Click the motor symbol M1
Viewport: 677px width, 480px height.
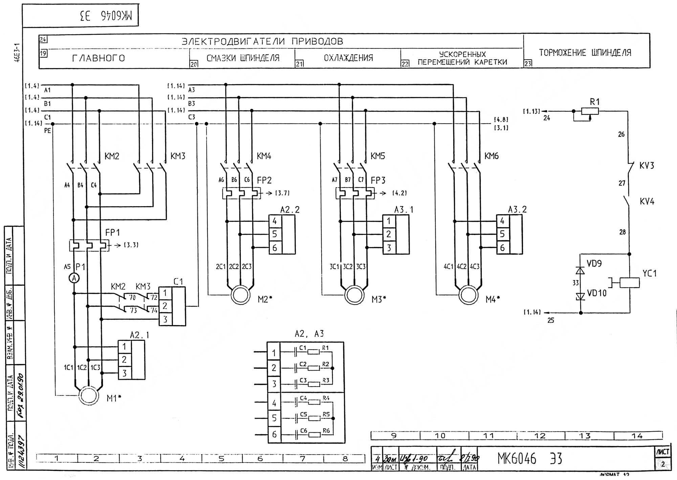click(89, 395)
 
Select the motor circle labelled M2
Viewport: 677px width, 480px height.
click(241, 295)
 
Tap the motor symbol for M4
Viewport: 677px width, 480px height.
click(468, 295)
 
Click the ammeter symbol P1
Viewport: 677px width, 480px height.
click(74, 278)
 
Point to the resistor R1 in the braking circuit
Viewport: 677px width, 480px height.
click(590, 111)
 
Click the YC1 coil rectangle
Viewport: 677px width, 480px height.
click(630, 283)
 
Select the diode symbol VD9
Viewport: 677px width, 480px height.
click(581, 270)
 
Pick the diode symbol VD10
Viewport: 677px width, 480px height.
click(581, 297)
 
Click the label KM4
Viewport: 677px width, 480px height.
click(264, 156)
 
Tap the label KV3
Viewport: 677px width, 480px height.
click(647, 166)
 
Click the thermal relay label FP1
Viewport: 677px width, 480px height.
click(112, 233)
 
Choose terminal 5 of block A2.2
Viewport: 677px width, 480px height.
click(275, 234)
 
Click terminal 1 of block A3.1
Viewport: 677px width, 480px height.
click(389, 221)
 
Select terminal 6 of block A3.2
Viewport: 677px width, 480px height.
click(502, 248)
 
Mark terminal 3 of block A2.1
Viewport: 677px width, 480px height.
click(124, 373)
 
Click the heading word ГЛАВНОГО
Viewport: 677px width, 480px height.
click(99, 58)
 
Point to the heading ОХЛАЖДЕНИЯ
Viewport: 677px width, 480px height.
click(348, 58)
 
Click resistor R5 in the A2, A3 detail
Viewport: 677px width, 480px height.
click(315, 418)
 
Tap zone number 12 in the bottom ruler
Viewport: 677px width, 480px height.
click(540, 436)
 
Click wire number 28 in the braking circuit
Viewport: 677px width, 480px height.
click(623, 232)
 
